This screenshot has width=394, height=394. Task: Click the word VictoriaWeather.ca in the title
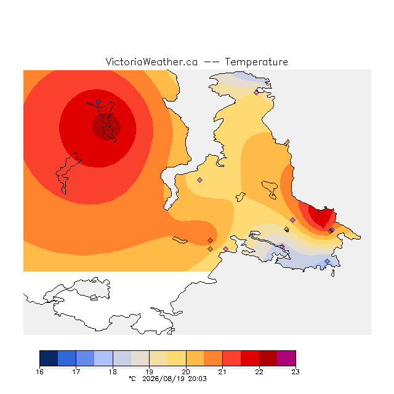[x=151, y=62]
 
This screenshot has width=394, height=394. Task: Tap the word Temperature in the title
[x=256, y=62]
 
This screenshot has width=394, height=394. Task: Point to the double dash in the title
[x=211, y=62]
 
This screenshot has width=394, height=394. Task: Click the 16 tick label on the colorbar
[x=39, y=372]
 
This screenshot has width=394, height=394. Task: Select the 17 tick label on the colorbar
[x=76, y=372]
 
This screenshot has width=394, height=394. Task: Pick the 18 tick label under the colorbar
[x=113, y=372]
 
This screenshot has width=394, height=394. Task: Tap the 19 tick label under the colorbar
[x=149, y=372]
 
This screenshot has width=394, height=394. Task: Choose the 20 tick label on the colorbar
[x=186, y=372]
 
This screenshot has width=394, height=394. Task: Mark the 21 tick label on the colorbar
[x=222, y=372]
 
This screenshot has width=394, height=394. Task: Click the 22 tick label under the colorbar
[x=259, y=372]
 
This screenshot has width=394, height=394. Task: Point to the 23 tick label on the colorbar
[x=295, y=372]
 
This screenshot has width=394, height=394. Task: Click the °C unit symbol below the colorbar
[x=132, y=379]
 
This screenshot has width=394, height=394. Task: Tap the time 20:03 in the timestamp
[x=197, y=379]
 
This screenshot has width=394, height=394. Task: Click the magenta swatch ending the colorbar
[x=286, y=358]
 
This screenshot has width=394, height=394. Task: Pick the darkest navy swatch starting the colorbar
[x=49, y=358]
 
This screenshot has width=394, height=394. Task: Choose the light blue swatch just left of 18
[x=103, y=358]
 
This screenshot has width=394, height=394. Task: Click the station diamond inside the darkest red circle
[x=112, y=127]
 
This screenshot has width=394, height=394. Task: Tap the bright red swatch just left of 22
[x=250, y=358]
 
